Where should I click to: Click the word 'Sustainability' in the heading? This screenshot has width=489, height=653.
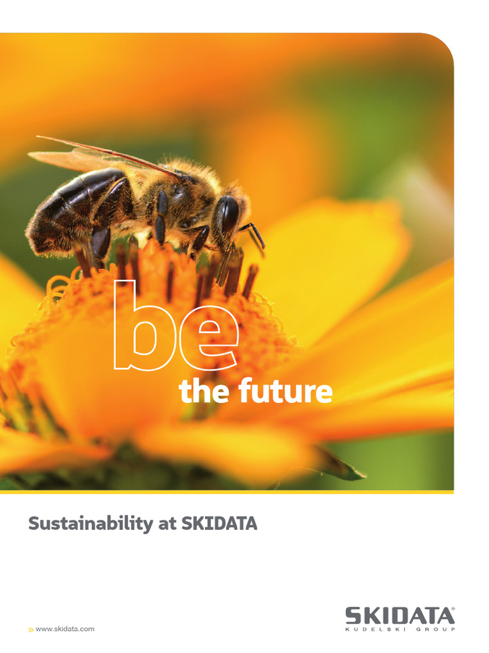click(x=89, y=525)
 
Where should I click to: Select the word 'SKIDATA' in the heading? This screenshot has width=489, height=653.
click(x=219, y=524)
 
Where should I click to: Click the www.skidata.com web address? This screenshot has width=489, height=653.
click(x=65, y=629)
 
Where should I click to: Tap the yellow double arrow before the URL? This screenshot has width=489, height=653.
click(x=31, y=629)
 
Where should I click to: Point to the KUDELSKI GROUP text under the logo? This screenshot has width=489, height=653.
click(x=400, y=630)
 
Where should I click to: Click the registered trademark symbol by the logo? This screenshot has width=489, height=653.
click(x=453, y=609)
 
